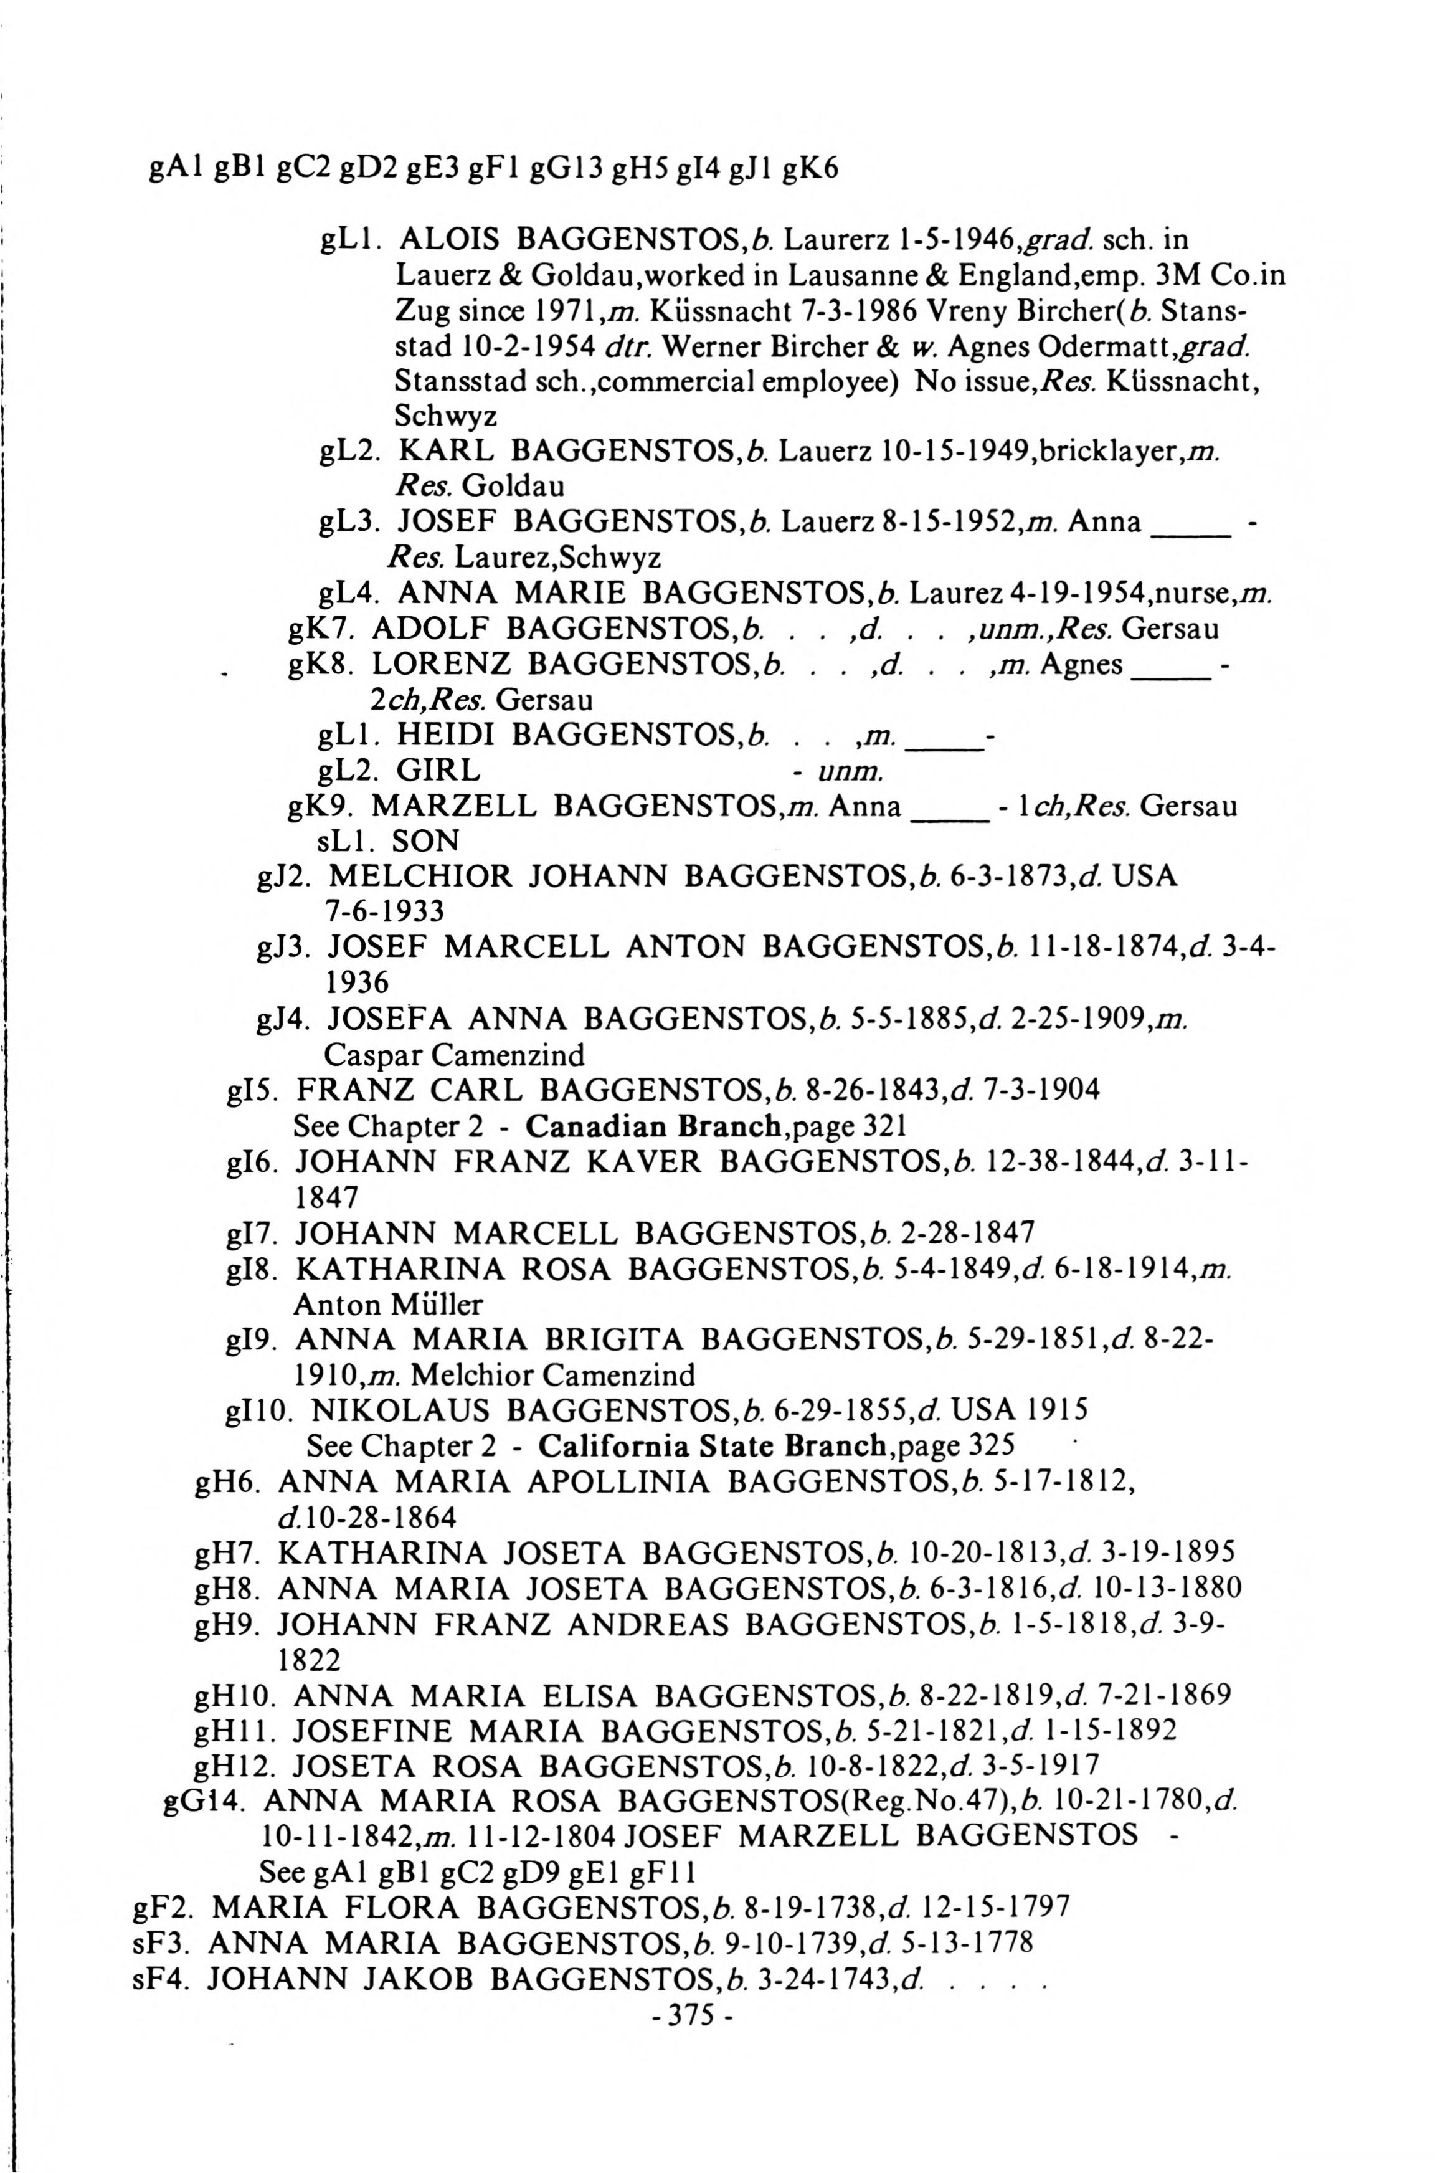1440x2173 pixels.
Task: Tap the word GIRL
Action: coord(438,771)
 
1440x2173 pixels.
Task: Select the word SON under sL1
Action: coord(425,841)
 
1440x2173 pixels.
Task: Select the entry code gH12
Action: coord(234,1765)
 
